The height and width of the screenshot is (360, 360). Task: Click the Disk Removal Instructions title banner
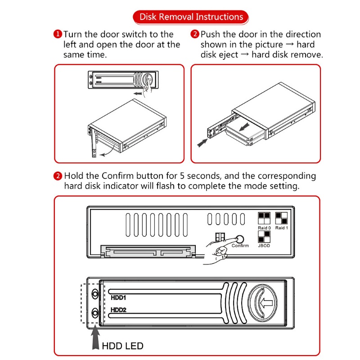191,17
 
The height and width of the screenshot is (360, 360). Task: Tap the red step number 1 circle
58,35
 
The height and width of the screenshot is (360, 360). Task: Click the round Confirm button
240,238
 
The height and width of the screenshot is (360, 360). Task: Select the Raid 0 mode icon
264,218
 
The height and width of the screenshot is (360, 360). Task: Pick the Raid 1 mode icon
282,218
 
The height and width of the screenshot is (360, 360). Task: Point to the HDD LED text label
122,346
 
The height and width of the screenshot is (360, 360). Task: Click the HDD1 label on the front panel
118,297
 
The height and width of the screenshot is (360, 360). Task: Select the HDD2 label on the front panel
118,310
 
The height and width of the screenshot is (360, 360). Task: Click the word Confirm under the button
240,246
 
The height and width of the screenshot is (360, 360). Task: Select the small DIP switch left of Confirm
220,237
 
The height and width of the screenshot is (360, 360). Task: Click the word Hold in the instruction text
74,176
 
